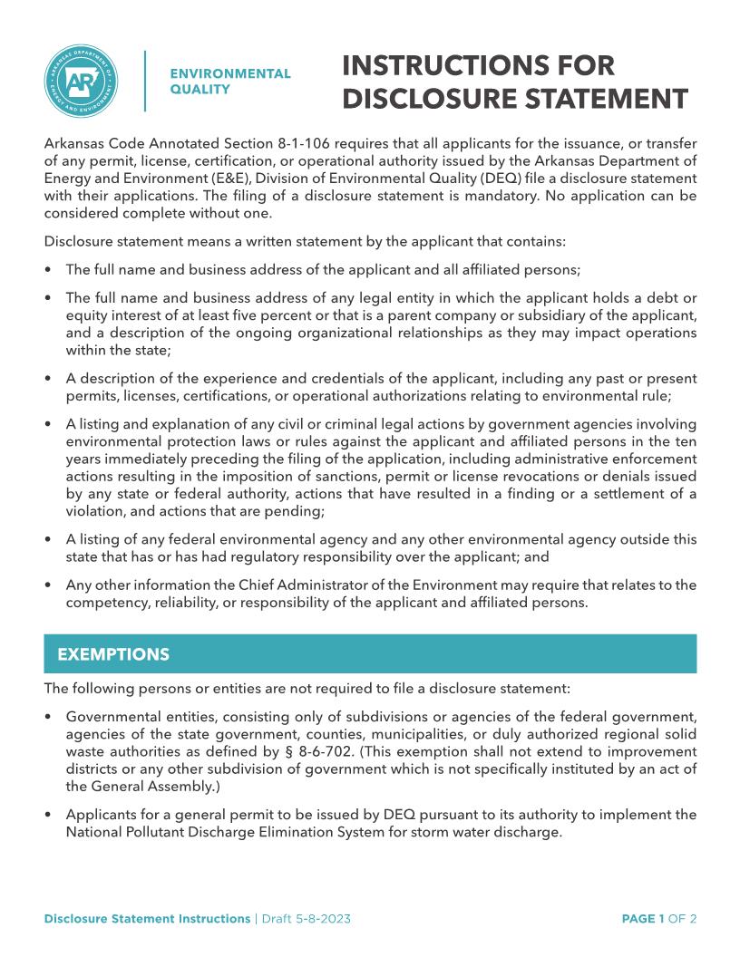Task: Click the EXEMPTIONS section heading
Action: pyautogui.click(x=113, y=653)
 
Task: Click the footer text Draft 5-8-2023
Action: pyautogui.click(x=306, y=919)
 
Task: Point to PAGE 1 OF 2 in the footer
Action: pyautogui.click(x=658, y=919)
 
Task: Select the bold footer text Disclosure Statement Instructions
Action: pyautogui.click(x=147, y=919)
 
